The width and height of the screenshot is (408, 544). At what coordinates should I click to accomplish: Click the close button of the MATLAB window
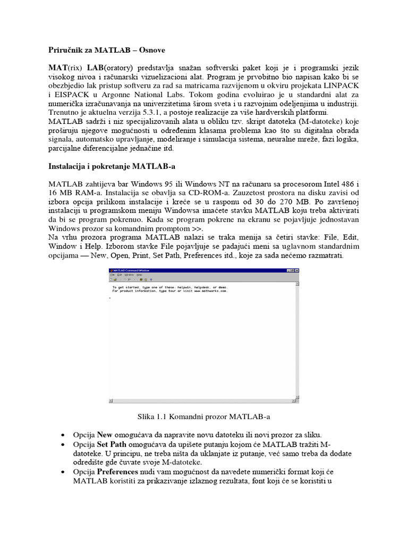[x=296, y=270]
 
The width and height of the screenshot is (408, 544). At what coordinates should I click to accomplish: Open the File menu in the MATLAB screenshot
[x=113, y=275]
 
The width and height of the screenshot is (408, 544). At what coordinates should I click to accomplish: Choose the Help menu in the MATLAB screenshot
[x=139, y=275]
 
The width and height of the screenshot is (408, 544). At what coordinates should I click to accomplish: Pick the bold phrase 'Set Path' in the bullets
[x=112, y=444]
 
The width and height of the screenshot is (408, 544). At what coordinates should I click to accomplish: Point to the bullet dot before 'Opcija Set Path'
[x=65, y=445]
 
